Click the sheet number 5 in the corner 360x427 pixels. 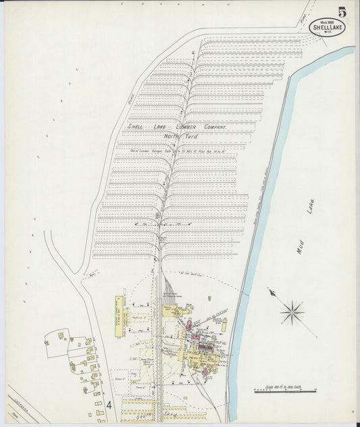342,11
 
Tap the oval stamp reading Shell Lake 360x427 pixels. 327,26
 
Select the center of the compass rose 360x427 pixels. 292,311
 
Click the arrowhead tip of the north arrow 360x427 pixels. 269,291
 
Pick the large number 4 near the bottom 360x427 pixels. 108,405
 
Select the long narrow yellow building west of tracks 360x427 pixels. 119,316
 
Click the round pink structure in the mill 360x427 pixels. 189,325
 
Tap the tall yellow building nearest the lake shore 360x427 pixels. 224,324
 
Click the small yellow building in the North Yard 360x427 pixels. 157,216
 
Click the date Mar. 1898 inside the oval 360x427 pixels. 327,21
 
